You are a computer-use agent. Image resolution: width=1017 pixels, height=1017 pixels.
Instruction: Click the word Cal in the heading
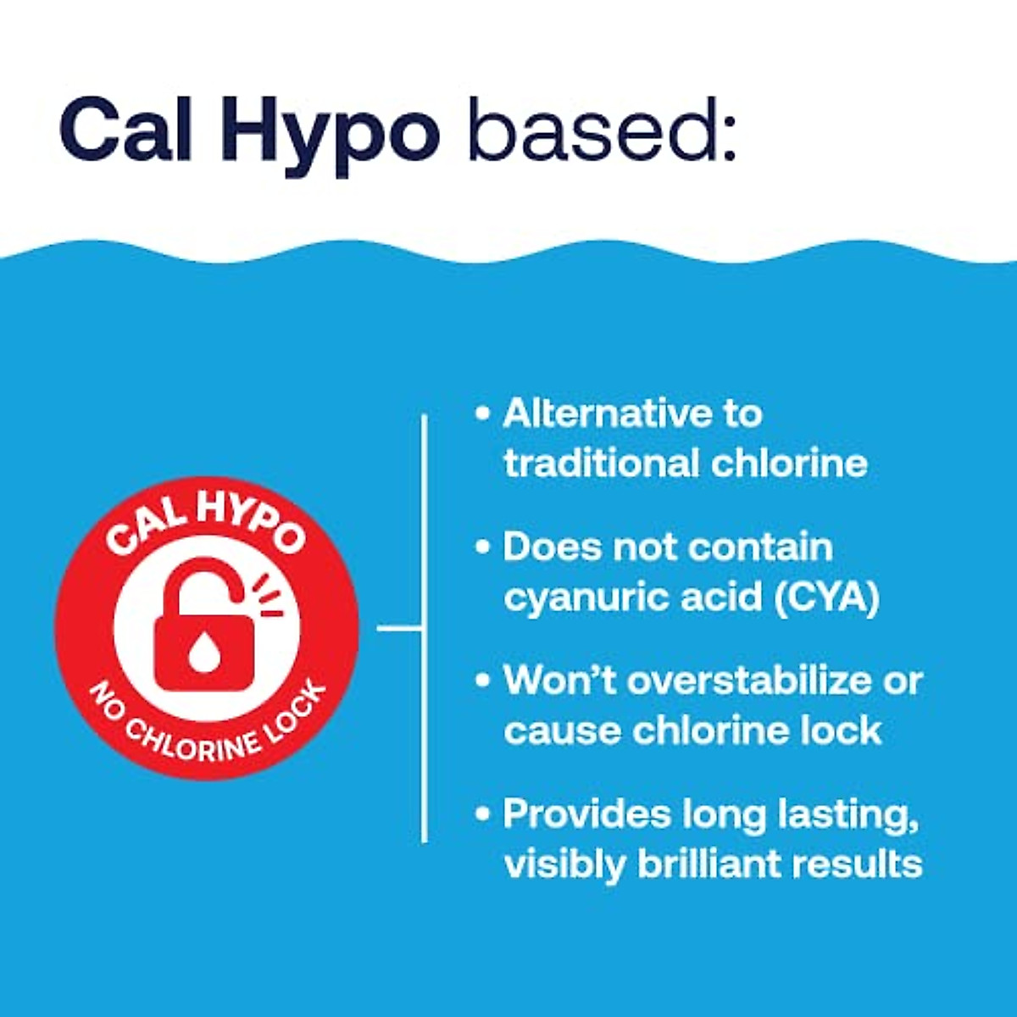point(126,129)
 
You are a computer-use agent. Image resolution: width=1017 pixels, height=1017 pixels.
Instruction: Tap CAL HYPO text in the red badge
point(205,525)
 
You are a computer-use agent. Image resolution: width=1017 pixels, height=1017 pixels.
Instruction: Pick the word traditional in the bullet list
point(601,464)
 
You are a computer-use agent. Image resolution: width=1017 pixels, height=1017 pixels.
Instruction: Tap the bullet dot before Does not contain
point(482,547)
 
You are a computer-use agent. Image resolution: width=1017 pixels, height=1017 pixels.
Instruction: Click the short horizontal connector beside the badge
point(399,628)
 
